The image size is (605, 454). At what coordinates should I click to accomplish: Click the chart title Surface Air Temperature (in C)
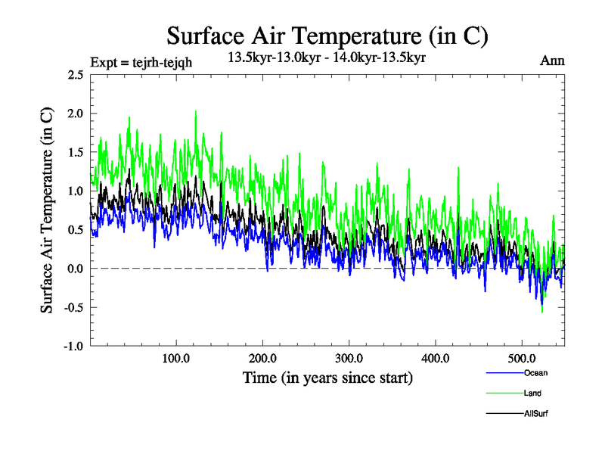(327, 36)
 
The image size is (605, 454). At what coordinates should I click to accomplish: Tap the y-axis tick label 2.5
(76, 75)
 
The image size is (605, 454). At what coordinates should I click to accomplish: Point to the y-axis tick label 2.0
(76, 113)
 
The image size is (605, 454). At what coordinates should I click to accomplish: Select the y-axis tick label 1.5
(76, 152)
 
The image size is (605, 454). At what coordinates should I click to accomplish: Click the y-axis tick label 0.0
(76, 269)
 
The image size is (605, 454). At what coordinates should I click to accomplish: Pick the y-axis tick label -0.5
(73, 307)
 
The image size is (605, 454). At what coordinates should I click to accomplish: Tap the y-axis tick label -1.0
(73, 346)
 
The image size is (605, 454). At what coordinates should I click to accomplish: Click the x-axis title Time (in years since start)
(327, 378)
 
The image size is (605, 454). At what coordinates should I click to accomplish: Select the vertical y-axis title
(47, 210)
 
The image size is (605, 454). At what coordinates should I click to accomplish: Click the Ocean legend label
(535, 373)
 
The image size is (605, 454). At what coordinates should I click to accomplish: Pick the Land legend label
(532, 393)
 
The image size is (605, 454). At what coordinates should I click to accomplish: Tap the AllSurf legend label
(535, 414)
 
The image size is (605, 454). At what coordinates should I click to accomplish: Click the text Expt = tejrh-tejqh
(141, 63)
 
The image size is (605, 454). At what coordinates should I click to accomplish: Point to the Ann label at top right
(552, 61)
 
